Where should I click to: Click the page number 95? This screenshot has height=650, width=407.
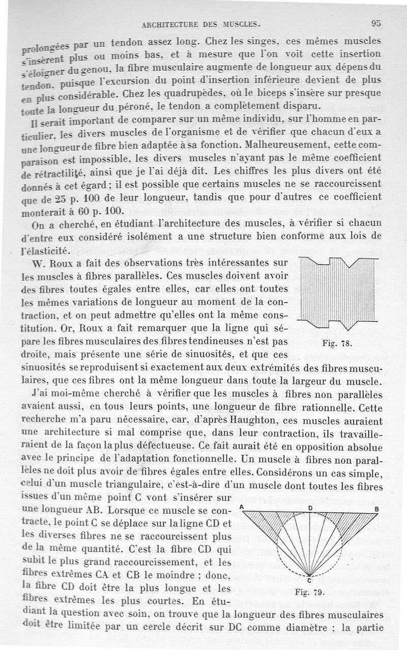point(376,22)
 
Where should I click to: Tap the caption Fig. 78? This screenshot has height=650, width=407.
point(337,343)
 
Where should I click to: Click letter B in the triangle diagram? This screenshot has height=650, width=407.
point(376,509)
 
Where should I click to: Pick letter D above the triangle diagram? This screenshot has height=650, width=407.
point(310,508)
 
